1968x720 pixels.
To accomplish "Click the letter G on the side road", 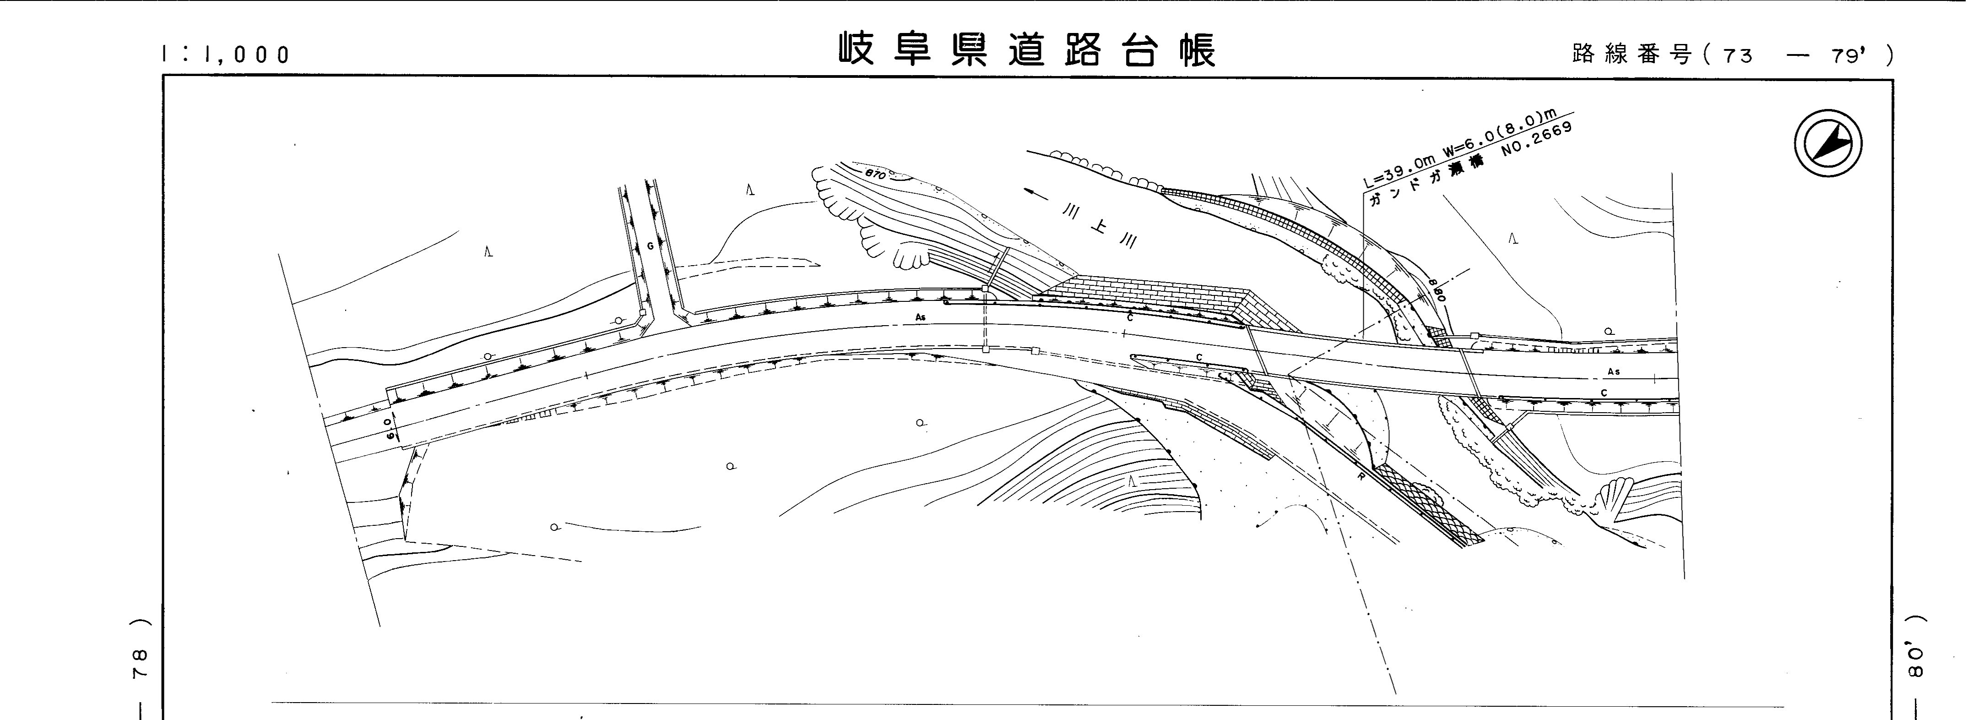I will pos(650,246).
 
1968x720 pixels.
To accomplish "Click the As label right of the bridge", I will pos(1614,371).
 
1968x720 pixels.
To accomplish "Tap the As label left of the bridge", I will pos(921,316).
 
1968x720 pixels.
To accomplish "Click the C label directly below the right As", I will pos(1604,393).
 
